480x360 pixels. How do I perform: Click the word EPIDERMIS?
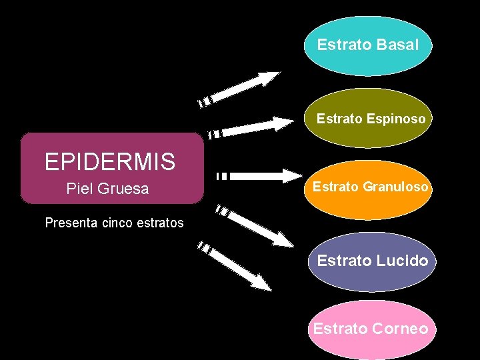110,161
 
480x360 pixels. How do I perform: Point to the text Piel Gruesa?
107,189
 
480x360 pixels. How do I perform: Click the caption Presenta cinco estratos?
114,223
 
